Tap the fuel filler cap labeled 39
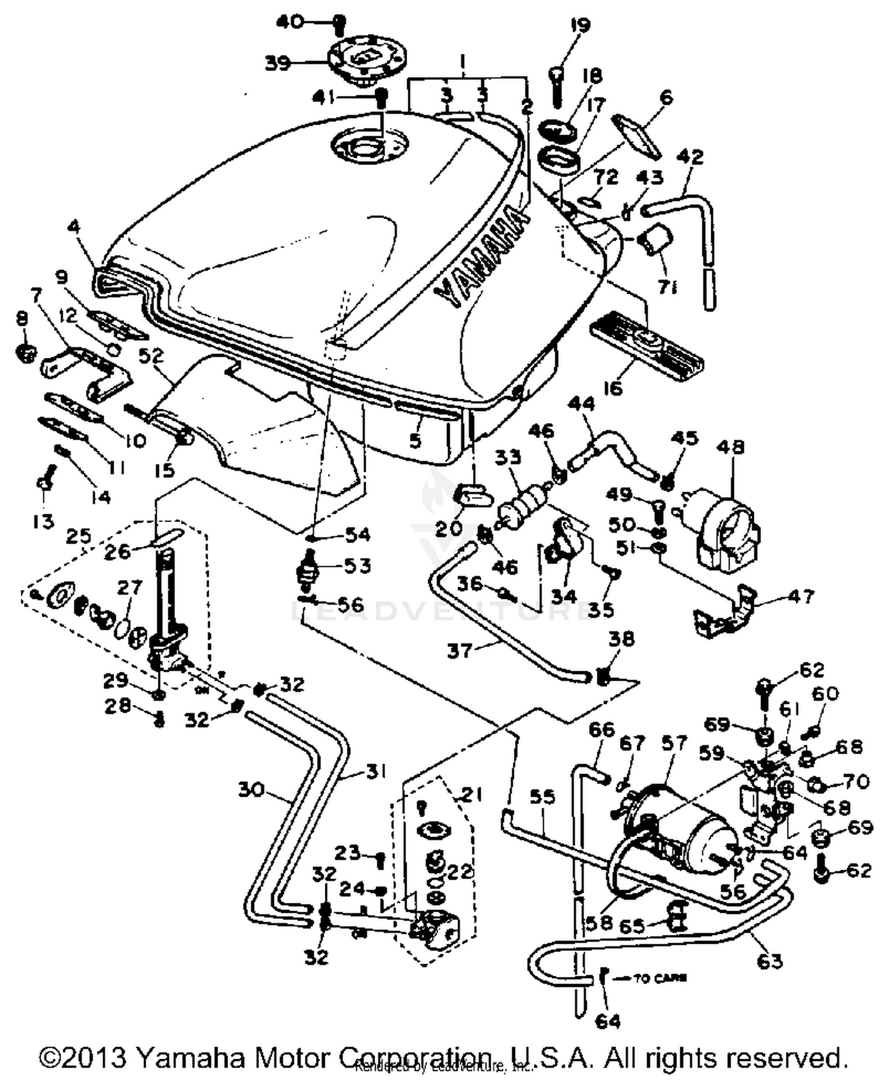366,59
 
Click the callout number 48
730,447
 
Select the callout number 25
79,537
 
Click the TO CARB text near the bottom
660,978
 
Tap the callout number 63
770,961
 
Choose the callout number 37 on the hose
460,650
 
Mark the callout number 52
151,355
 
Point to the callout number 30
251,789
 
